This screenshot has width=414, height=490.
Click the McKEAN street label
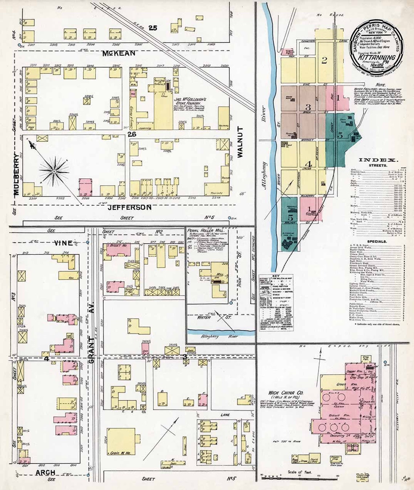click(x=118, y=53)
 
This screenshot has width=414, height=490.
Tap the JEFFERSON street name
click(x=130, y=207)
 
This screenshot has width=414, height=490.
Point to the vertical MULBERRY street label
click(x=16, y=174)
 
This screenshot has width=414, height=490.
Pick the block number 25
click(x=153, y=28)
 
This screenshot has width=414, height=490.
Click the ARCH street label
click(x=45, y=473)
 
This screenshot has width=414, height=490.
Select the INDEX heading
click(x=378, y=160)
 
